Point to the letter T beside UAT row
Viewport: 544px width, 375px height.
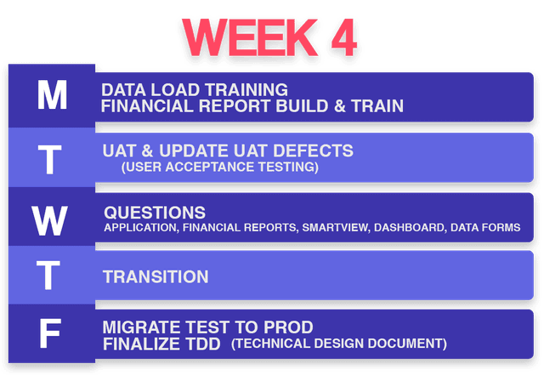pos(50,158)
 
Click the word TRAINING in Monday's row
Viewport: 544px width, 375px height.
pos(247,89)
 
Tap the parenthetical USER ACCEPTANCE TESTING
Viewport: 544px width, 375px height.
pos(220,167)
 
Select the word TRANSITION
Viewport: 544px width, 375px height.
pos(156,277)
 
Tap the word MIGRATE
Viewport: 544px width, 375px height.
pos(136,327)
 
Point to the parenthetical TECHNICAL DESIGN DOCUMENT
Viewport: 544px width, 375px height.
pos(338,344)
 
